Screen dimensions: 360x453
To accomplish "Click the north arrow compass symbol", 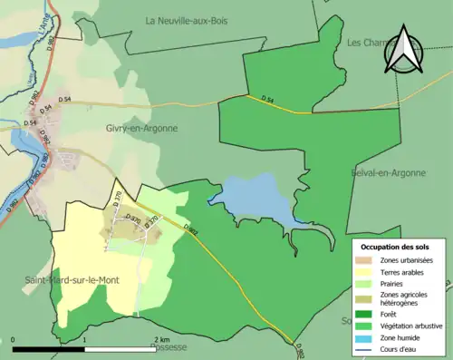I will [x=404, y=50].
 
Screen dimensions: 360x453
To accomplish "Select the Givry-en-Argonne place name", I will [x=140, y=129].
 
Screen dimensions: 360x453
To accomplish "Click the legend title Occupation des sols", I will [x=395, y=247].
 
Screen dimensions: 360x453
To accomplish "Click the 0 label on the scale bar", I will [x=13, y=340].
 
